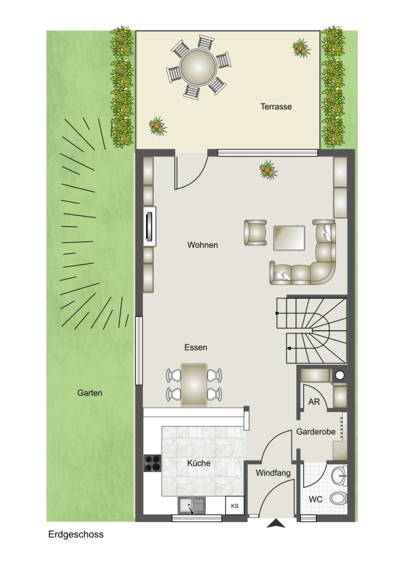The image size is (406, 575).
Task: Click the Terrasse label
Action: (x=276, y=107)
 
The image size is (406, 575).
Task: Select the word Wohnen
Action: (x=202, y=245)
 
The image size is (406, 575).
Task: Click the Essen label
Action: (x=196, y=348)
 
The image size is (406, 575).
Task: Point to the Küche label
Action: (x=199, y=463)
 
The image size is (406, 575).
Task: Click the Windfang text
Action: (x=273, y=473)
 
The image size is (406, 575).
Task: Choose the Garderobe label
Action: (x=315, y=432)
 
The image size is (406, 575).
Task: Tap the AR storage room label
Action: (x=314, y=402)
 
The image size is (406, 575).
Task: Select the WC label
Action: (x=315, y=499)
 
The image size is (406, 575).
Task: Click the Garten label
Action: (x=89, y=393)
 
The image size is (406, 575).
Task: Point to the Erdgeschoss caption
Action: (x=76, y=534)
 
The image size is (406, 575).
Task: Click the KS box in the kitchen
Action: (x=234, y=506)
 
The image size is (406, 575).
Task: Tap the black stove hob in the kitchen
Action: (x=152, y=463)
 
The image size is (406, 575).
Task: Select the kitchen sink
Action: (x=192, y=506)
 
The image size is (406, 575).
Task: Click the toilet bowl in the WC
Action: (x=338, y=498)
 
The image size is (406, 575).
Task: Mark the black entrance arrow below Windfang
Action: (x=276, y=524)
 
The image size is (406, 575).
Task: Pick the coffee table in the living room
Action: (x=289, y=238)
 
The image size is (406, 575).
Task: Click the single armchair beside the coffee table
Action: (x=255, y=233)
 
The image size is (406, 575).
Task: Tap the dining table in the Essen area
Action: (x=194, y=385)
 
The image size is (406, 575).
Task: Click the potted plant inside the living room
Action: (x=268, y=170)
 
